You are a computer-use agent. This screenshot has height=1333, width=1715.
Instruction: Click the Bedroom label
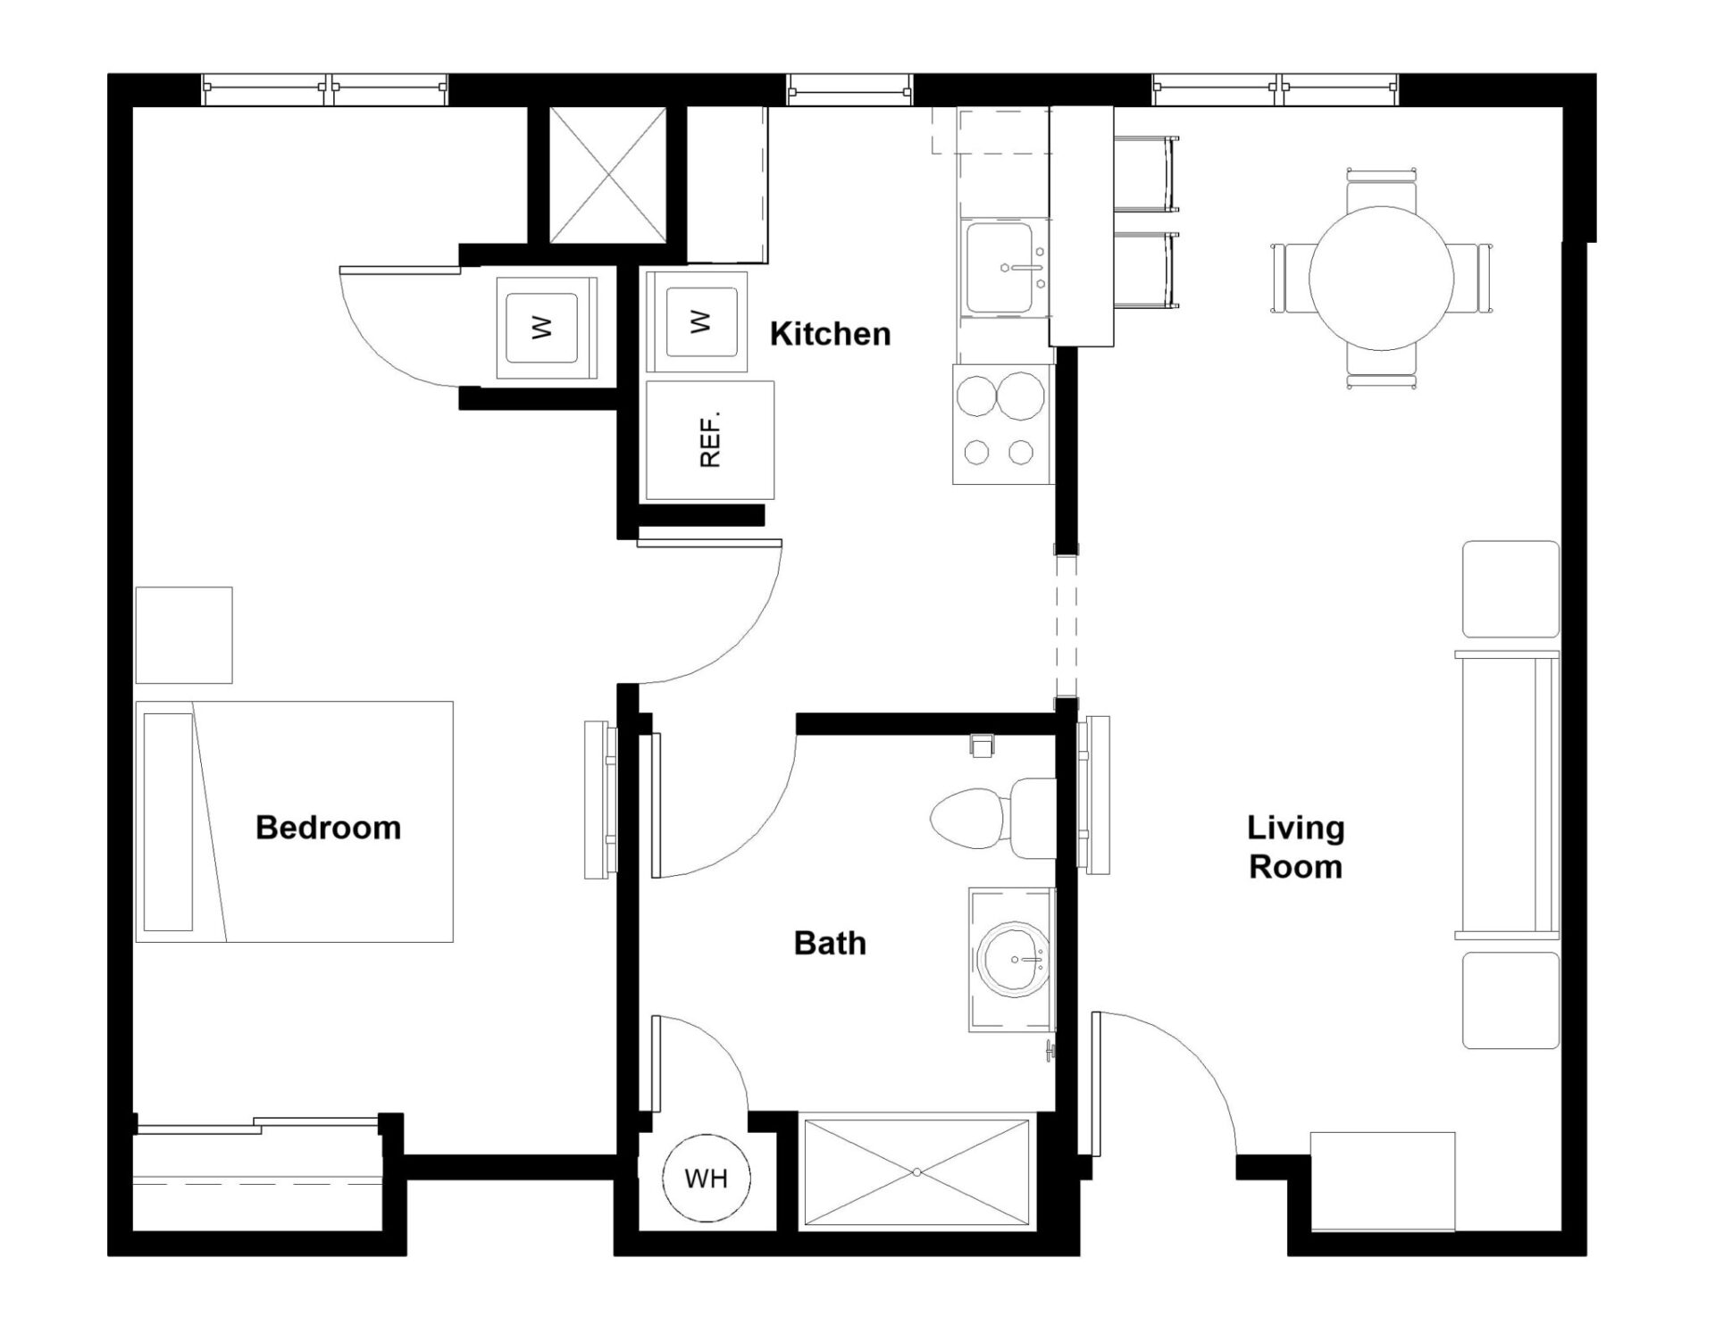pos(328,828)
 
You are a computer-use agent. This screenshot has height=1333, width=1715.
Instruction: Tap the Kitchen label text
pos(830,334)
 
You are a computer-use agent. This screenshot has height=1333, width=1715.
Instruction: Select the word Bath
pos(830,943)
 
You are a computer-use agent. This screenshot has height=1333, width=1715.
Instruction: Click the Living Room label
pos(1295,846)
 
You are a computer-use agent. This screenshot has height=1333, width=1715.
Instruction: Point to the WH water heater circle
pos(707,1178)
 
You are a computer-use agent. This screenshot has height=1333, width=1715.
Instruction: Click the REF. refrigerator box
pos(709,440)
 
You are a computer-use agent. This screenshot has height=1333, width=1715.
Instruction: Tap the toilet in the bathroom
pos(983,817)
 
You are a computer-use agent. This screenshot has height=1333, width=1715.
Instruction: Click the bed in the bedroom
pos(295,821)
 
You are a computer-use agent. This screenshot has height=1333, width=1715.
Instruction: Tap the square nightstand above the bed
pos(184,635)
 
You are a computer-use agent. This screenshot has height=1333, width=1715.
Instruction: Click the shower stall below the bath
pos(916,1171)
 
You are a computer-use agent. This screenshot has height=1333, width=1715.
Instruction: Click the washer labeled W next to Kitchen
pos(697,321)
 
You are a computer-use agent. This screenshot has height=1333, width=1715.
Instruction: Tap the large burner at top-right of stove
pos(1020,396)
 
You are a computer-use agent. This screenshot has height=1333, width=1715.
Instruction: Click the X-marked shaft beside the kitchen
pos(607,175)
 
